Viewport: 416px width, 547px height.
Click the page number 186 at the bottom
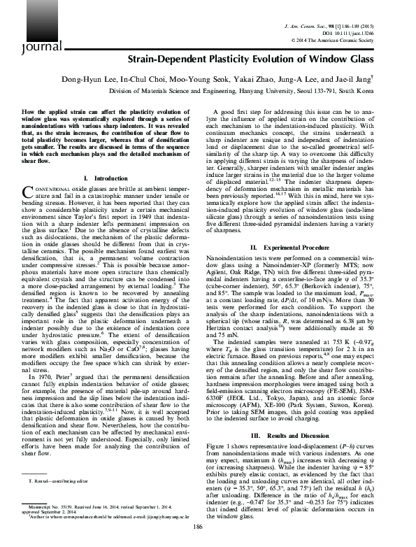pos(208,530)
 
